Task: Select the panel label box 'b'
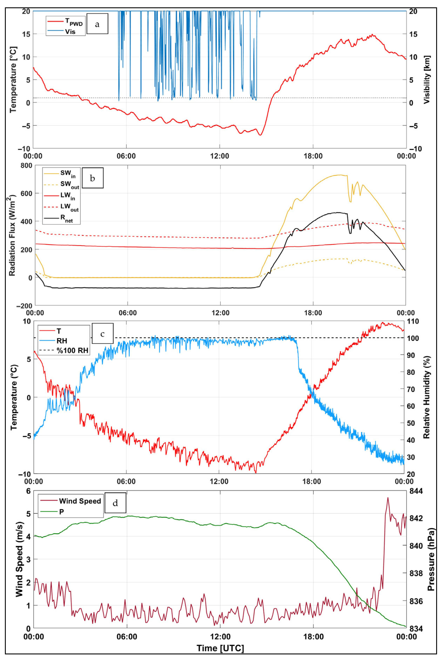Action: point(92,178)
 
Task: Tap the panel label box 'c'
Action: point(102,334)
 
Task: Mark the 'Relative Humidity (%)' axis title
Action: point(426,397)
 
